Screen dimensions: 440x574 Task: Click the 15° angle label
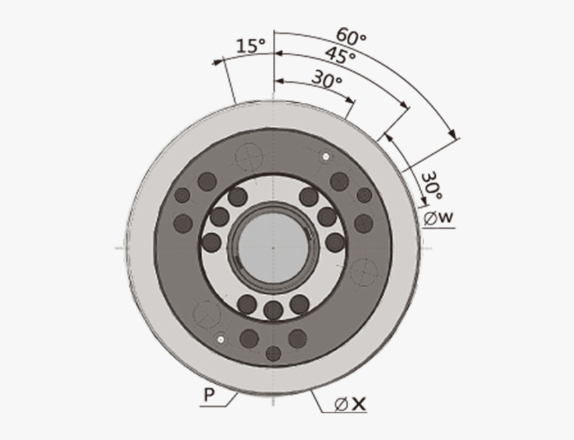(x=250, y=46)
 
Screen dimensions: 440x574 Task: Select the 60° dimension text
(x=351, y=35)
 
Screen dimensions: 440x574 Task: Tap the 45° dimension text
(x=340, y=56)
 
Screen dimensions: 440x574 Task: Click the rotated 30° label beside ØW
(x=431, y=186)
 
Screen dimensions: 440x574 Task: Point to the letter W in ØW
(x=447, y=218)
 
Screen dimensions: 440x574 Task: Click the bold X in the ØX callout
(x=359, y=403)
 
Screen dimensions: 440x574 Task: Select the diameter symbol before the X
(x=340, y=403)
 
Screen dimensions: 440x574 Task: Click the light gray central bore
(x=273, y=248)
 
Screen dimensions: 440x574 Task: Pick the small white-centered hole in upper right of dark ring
(x=325, y=157)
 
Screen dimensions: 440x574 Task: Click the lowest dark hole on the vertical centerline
(x=273, y=353)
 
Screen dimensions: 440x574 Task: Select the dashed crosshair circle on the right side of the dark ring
(x=364, y=271)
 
